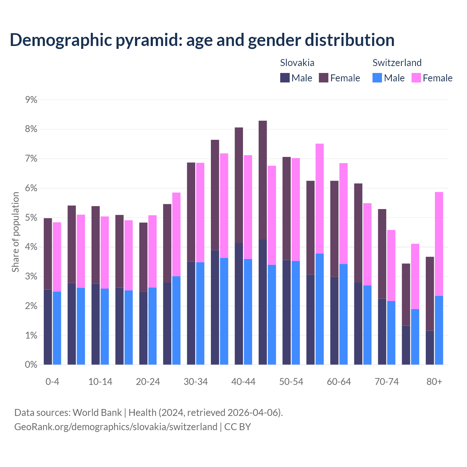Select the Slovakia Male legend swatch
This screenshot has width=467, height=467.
[x=285, y=78]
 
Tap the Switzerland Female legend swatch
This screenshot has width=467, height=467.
[x=416, y=78]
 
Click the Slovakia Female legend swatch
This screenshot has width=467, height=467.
[x=324, y=78]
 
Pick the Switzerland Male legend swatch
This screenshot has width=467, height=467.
[x=377, y=78]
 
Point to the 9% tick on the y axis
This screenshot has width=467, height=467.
[x=31, y=100]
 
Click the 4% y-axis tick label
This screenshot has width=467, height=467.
[x=31, y=247]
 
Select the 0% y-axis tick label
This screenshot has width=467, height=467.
[x=31, y=364]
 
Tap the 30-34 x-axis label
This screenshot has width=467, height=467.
[x=196, y=382]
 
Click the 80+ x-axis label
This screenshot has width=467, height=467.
[x=434, y=382]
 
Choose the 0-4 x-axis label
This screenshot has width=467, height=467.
[x=52, y=382]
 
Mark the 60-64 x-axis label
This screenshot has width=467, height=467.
[x=339, y=382]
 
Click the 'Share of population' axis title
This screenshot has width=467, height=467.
[x=16, y=232]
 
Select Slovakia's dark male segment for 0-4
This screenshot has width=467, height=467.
[x=48, y=327]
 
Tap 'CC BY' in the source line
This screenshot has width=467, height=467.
[x=238, y=427]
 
